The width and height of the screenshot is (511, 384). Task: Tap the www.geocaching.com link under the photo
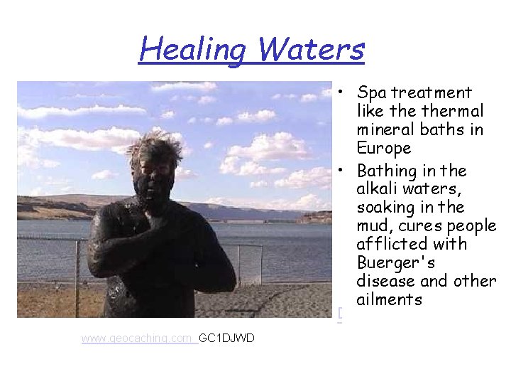[138, 338]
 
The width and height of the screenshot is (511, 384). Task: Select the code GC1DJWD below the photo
[226, 338]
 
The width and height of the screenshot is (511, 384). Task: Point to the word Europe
[385, 149]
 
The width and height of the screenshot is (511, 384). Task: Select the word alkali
[378, 190]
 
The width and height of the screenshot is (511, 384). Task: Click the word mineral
[384, 130]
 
